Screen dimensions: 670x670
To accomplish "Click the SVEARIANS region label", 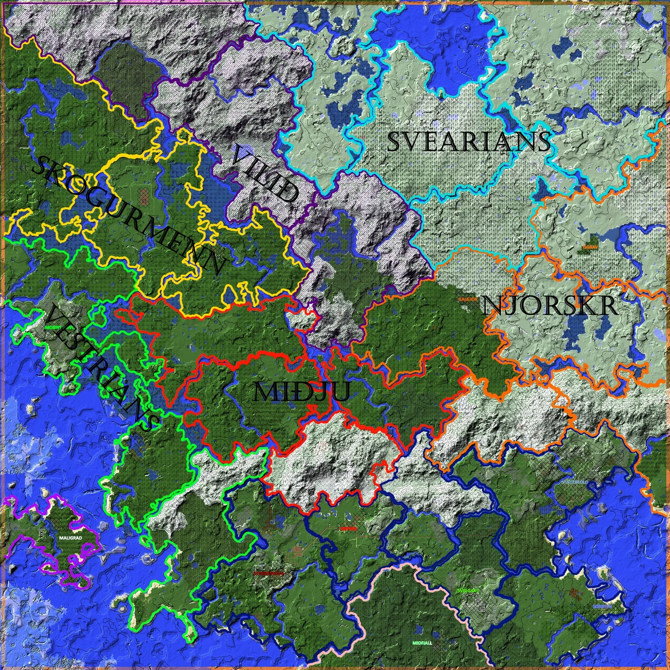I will (468, 142).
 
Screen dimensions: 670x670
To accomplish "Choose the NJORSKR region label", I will (550, 306).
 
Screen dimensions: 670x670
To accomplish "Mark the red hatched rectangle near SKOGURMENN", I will (145, 195).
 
